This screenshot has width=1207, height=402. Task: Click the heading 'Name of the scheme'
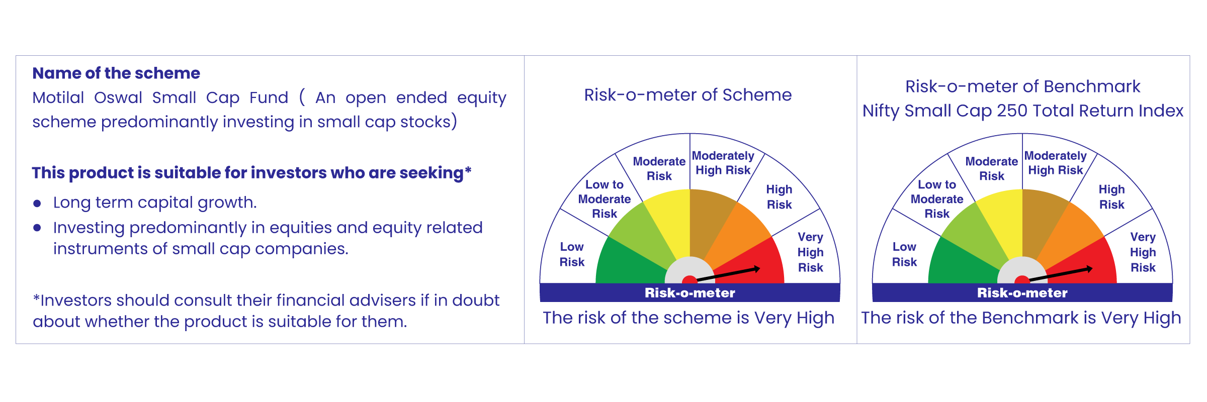[x=116, y=73]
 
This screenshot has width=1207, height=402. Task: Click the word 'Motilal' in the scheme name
[x=58, y=97]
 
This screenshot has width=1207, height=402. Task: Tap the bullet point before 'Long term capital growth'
[x=37, y=203]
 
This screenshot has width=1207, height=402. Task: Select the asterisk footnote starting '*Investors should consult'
[x=266, y=311]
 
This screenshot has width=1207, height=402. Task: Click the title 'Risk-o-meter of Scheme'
[x=688, y=95]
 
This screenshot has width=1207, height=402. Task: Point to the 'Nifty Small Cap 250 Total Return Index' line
[x=1023, y=111]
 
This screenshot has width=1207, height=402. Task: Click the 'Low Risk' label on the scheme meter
[x=572, y=254]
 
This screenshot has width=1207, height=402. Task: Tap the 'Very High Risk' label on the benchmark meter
[x=1143, y=252]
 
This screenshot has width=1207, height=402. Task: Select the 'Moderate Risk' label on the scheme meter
[x=659, y=168]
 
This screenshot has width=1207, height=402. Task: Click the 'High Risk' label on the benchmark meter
[x=1111, y=197]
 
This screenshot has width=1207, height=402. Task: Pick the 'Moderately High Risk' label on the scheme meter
[x=723, y=163]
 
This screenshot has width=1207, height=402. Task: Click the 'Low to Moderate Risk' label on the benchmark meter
[x=937, y=199]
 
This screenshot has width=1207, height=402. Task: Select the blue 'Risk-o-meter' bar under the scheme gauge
[x=690, y=292]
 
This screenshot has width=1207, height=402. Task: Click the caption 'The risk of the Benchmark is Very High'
[x=1021, y=318]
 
